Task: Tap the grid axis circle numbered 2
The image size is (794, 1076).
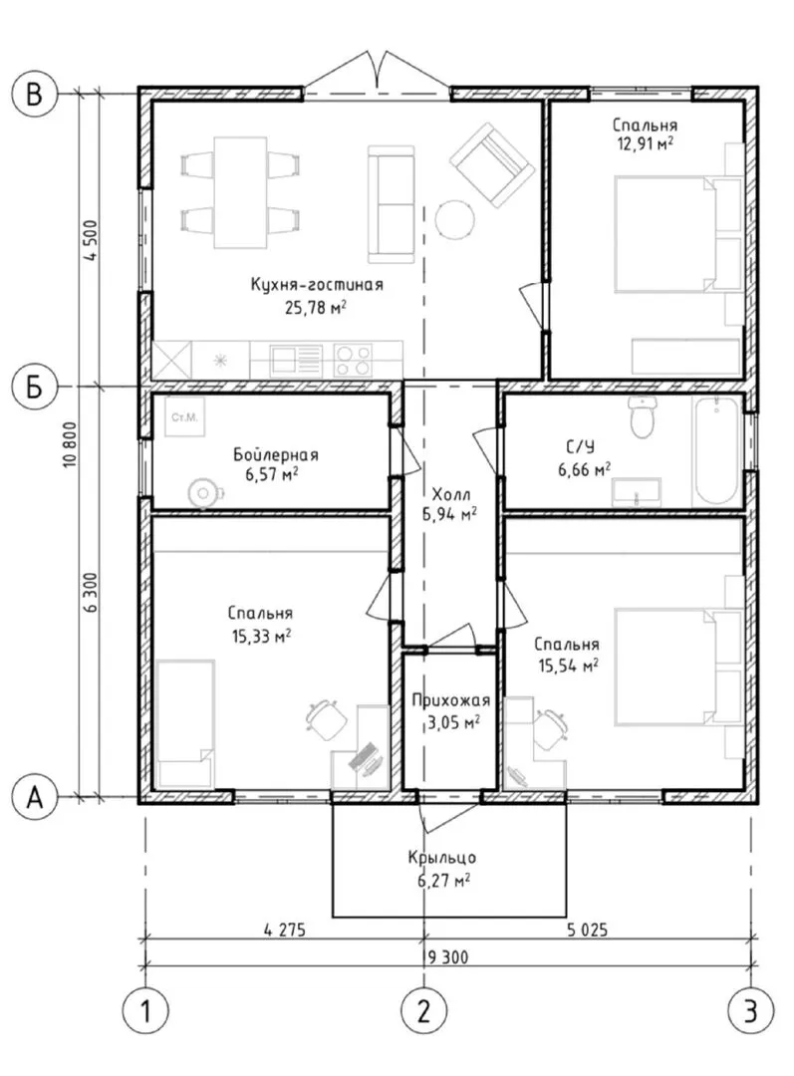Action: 423,1011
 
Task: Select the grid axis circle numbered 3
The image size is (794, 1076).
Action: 750,1011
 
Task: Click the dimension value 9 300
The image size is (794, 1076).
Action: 448,955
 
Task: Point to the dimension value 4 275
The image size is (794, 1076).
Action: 284,930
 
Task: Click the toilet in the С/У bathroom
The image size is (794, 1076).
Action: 643,417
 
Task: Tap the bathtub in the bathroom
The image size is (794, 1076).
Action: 716,450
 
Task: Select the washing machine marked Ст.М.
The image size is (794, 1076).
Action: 184,415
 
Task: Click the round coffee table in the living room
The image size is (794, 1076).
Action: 454,219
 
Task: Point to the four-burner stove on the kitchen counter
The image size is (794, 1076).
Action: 354,360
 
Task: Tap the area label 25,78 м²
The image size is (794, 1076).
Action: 315,307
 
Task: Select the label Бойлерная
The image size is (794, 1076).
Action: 276,454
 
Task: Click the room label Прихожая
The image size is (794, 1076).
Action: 451,700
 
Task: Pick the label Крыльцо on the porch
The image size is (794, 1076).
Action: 442,857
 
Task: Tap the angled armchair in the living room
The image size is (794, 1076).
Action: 491,164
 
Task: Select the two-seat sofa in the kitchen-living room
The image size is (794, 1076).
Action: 392,204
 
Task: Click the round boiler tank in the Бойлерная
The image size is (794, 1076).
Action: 202,491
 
